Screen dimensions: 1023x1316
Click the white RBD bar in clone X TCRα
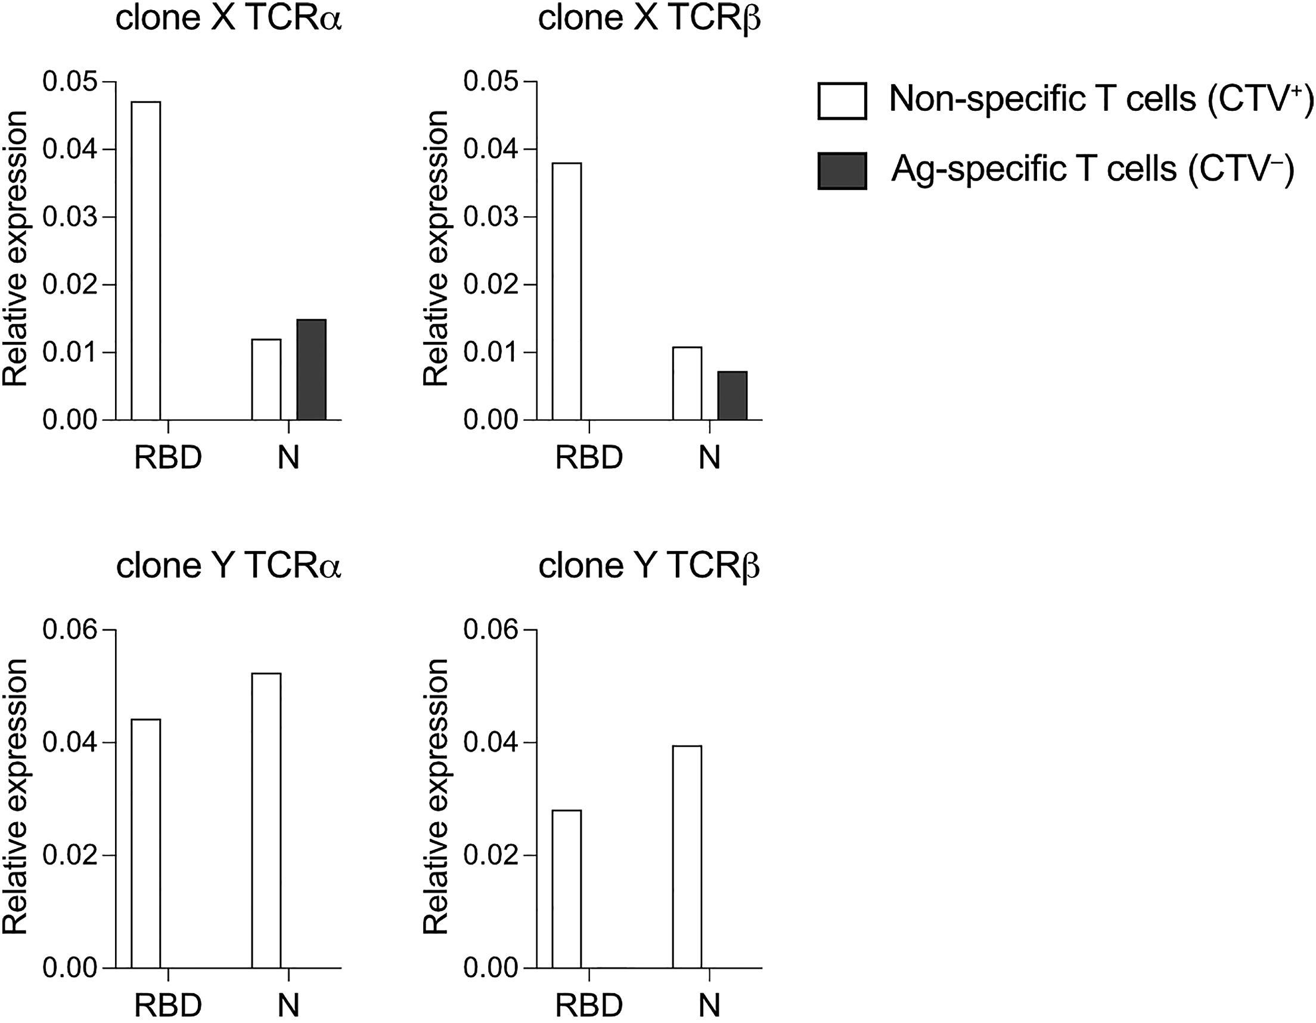146,261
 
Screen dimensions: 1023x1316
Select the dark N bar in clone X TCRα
312,370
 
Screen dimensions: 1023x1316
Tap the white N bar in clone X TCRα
266,380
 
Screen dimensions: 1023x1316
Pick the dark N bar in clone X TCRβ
732,396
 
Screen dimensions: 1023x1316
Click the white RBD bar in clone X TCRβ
567,291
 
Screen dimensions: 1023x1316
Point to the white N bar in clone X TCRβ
687,383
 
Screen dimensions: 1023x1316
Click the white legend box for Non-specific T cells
842,101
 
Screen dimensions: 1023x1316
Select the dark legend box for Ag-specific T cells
842,171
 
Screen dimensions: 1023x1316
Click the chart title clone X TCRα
228,18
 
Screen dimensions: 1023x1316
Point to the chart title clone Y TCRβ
649,567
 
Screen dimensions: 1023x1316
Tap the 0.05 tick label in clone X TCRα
70,82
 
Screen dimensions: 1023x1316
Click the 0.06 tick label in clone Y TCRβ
491,630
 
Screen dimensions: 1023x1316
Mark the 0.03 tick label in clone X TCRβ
491,217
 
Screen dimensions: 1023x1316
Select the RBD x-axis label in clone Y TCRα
168,1005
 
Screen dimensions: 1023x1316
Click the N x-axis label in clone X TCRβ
710,458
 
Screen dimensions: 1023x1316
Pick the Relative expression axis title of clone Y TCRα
15,797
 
